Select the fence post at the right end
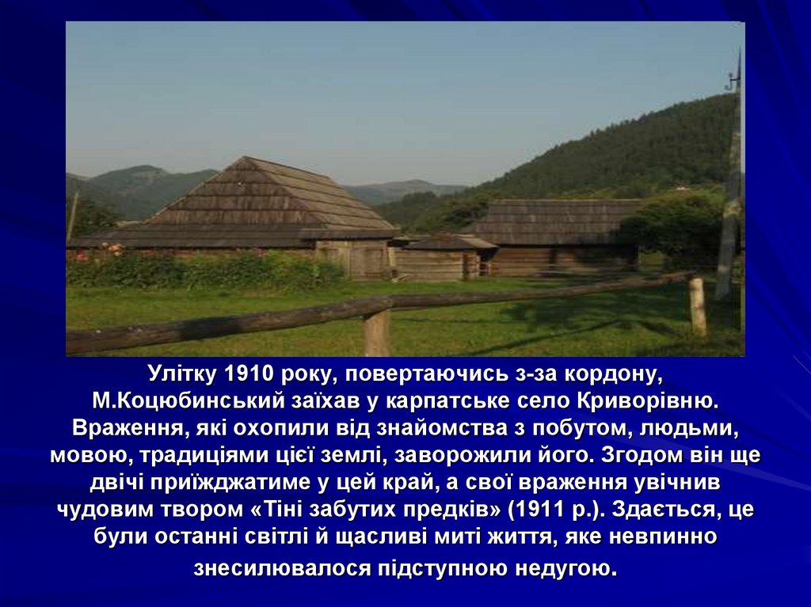point(698,306)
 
